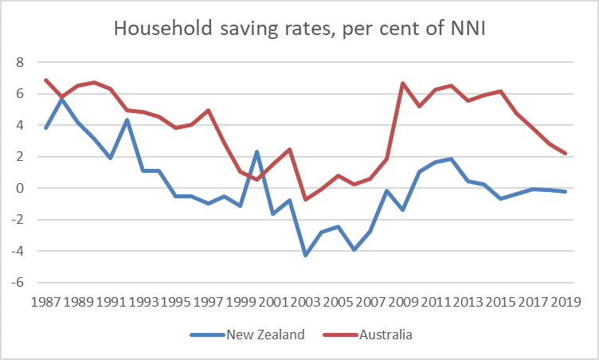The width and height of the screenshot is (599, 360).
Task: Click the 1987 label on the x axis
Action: pyautogui.click(x=46, y=302)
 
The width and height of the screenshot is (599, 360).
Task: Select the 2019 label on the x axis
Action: pyautogui.click(x=565, y=302)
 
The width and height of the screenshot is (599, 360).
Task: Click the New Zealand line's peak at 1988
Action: pyautogui.click(x=62, y=98)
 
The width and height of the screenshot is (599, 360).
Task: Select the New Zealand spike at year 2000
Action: pyautogui.click(x=256, y=151)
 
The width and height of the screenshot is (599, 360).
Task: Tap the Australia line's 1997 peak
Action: pyautogui.click(x=208, y=110)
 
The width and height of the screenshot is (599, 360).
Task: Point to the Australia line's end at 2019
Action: pyautogui.click(x=565, y=153)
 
